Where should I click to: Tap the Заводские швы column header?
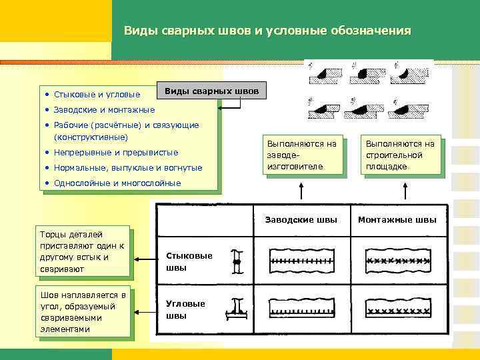(x=301, y=219)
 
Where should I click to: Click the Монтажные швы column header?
(x=397, y=219)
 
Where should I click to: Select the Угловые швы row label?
(x=177, y=309)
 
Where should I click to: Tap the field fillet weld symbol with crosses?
(x=397, y=310)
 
